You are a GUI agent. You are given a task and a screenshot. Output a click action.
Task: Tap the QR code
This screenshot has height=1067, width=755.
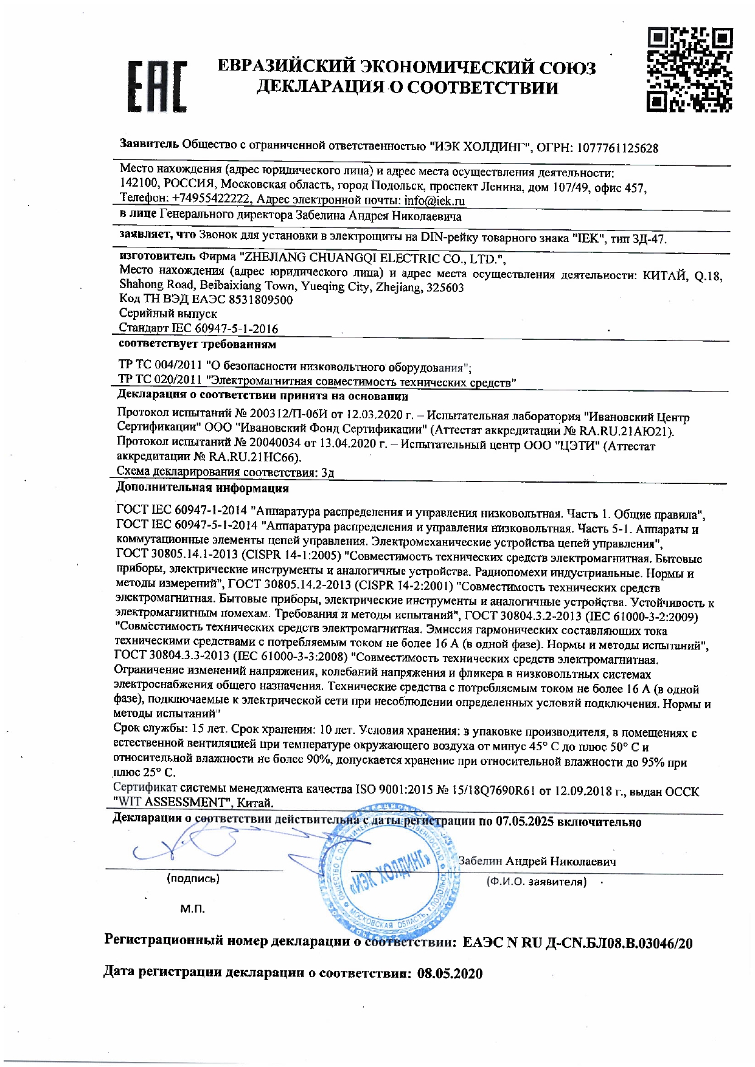click(x=689, y=69)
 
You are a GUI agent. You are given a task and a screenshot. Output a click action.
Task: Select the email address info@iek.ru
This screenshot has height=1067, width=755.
click(x=434, y=200)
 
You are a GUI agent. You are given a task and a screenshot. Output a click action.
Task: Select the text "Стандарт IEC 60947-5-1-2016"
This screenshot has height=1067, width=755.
click(x=198, y=329)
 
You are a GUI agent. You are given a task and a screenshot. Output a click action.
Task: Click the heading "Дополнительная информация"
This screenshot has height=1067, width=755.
click(x=202, y=488)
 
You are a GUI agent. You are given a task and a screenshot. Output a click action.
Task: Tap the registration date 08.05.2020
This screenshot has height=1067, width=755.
click(x=450, y=973)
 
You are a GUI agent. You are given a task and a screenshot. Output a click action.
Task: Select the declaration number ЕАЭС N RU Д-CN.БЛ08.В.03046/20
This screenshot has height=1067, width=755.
click(x=577, y=943)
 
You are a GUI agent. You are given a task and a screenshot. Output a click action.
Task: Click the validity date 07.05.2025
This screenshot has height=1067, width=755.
click(x=524, y=821)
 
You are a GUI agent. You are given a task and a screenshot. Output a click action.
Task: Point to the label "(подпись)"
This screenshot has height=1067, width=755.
click(x=193, y=879)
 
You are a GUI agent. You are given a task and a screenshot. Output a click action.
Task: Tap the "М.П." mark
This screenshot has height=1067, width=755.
click(x=192, y=909)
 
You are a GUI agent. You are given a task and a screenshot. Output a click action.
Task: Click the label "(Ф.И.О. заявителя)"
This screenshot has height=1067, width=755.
click(x=537, y=882)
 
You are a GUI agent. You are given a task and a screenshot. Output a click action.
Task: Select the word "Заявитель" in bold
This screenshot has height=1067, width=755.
click(x=150, y=144)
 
